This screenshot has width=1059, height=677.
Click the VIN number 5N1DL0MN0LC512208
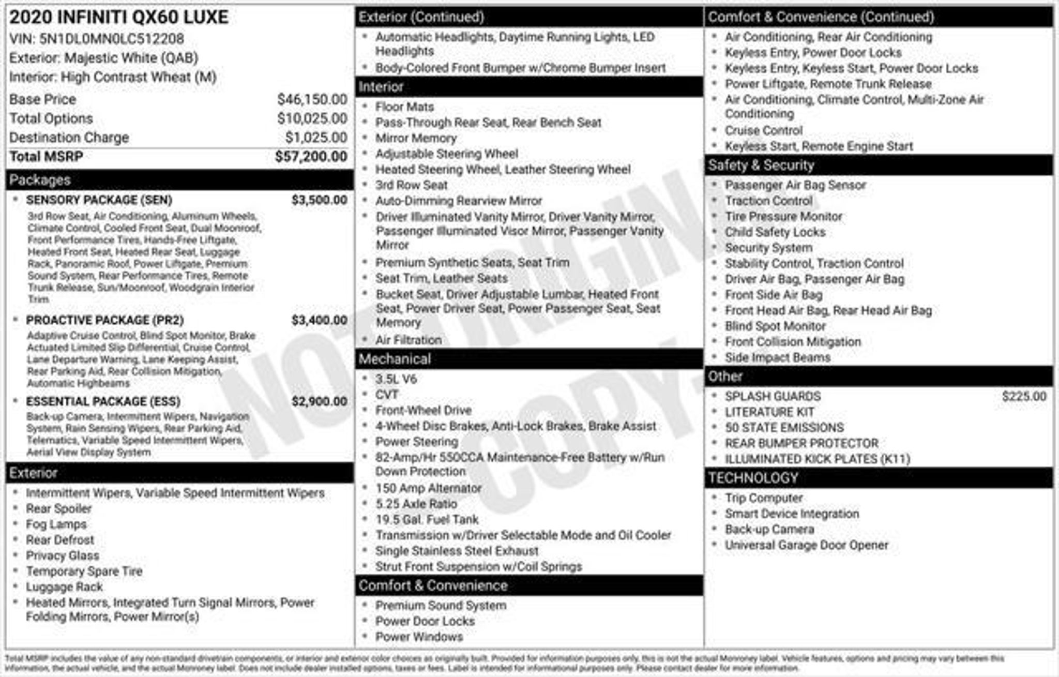click(111, 39)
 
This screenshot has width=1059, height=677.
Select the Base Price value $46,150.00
click(312, 99)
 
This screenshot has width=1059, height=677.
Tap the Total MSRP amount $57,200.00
click(311, 157)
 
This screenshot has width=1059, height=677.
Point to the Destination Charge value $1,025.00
click(316, 138)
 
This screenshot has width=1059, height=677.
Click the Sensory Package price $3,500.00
click(319, 200)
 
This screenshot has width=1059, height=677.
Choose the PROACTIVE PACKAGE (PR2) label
click(105, 320)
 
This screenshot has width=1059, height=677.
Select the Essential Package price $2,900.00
click(319, 401)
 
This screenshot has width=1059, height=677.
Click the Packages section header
click(40, 180)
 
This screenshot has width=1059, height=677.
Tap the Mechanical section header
click(395, 359)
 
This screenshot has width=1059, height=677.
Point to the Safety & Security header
click(761, 165)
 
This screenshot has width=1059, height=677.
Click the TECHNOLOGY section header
click(753, 478)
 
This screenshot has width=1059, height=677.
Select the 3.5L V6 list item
click(396, 379)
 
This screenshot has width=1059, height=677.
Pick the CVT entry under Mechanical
click(386, 395)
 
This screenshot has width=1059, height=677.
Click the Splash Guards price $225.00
click(1023, 397)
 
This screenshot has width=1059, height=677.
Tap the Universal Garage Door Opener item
click(806, 545)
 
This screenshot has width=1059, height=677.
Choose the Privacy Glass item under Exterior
click(63, 555)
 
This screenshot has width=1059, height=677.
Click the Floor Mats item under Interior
click(404, 107)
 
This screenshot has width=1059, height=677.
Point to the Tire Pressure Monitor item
click(783, 217)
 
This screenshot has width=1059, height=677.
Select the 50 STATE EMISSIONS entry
click(784, 428)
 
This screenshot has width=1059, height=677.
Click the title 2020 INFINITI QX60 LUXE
click(119, 18)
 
